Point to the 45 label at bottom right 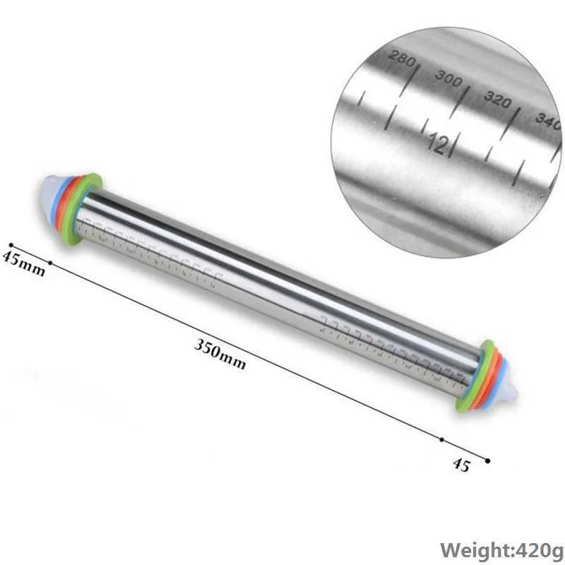(x=460, y=465)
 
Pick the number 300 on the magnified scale (x=448, y=78)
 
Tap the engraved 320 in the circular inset (x=497, y=100)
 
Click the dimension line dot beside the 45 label (x=487, y=460)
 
